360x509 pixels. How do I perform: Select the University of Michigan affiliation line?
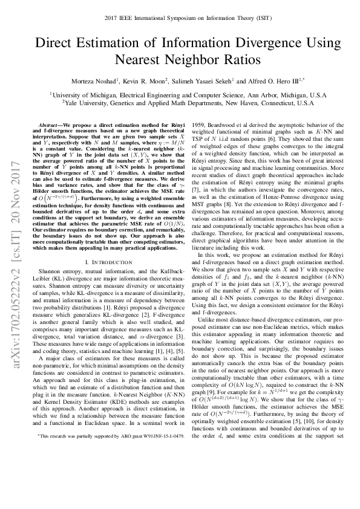[x=180, y=94]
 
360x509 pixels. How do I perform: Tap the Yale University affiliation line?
[x=180, y=103]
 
